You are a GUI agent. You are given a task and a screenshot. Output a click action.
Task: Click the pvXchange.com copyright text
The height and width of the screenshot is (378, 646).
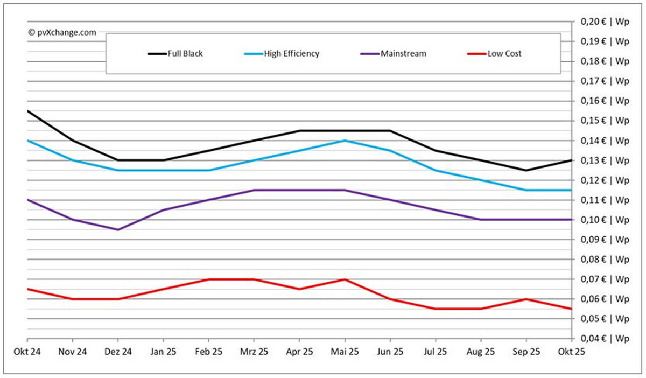[62, 32]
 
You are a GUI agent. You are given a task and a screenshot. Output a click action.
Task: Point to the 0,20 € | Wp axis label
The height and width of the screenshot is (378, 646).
[604, 22]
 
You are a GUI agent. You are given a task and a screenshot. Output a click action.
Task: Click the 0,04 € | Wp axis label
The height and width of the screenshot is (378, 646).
[604, 338]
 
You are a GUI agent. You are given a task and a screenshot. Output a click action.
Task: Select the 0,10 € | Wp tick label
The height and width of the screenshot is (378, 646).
[604, 220]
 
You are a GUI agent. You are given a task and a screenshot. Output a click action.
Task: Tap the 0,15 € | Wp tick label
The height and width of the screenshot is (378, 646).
[604, 121]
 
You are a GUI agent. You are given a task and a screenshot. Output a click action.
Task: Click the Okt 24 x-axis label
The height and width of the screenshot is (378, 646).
[27, 352]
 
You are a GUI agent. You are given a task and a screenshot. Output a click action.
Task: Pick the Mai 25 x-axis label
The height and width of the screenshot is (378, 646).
[345, 352]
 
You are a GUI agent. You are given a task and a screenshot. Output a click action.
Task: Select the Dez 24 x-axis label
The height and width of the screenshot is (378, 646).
[118, 352]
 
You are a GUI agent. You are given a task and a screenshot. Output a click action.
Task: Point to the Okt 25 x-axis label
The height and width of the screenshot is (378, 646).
[571, 352]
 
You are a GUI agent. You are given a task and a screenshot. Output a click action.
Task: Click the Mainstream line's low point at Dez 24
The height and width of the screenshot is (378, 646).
[118, 229]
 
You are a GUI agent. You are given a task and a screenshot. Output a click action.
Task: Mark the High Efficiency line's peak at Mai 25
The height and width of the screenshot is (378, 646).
[345, 141]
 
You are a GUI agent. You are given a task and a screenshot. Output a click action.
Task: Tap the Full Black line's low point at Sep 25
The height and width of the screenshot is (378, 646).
[526, 170]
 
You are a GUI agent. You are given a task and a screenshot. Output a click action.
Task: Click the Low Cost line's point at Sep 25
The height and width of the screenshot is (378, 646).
[526, 299]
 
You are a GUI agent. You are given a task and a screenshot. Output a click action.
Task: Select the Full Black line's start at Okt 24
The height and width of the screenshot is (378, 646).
[27, 111]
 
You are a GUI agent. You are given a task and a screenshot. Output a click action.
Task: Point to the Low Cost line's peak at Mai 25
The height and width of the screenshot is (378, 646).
[345, 279]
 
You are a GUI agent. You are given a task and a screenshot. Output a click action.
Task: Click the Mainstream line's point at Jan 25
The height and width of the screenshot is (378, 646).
[163, 210]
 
